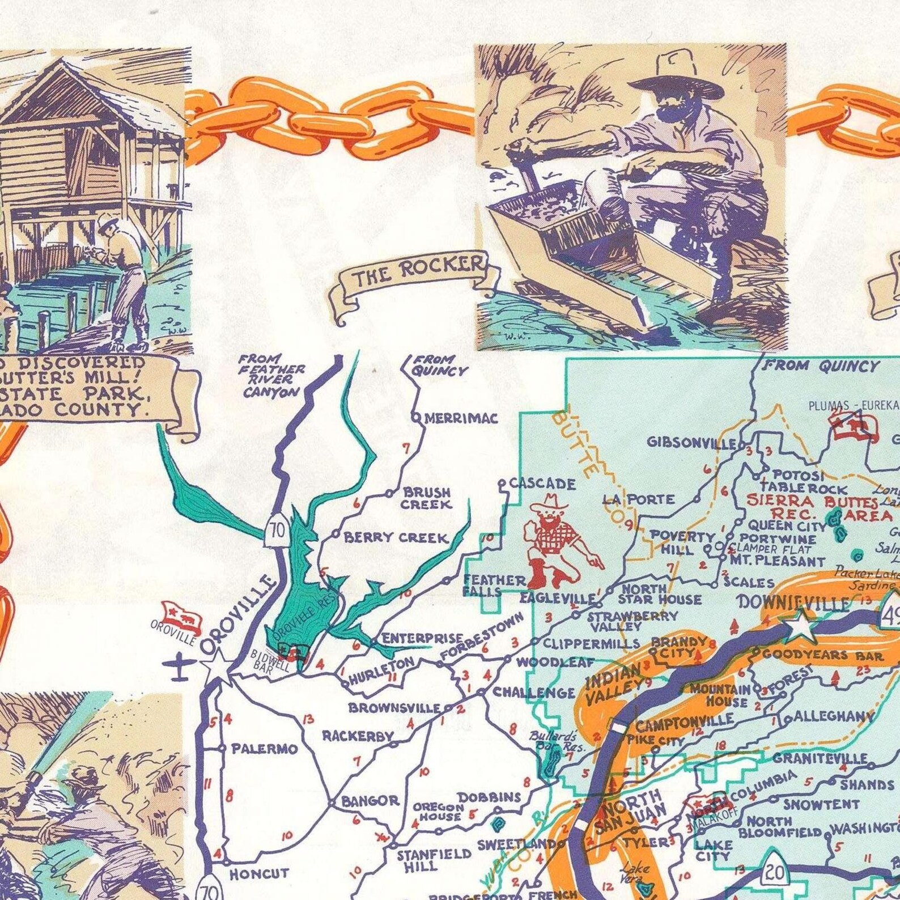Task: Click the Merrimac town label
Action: [x=461, y=418]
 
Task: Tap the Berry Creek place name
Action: [x=396, y=537]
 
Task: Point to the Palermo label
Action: [x=264, y=749]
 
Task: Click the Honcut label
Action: [x=259, y=873]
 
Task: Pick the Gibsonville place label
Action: [x=692, y=443]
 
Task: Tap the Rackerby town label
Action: [x=358, y=736]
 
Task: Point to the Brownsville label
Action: [x=394, y=707]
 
